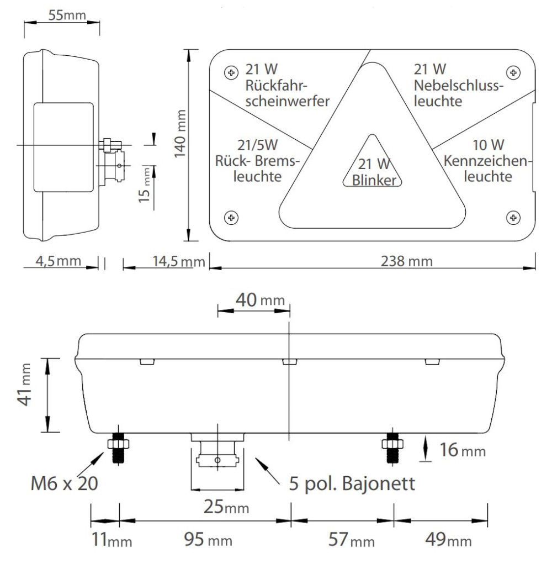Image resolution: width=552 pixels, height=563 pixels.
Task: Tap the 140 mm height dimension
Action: pyautogui.click(x=180, y=134)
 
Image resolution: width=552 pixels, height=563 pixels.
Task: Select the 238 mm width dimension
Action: pyautogui.click(x=407, y=261)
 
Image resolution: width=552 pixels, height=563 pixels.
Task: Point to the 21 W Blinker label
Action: pyautogui.click(x=374, y=172)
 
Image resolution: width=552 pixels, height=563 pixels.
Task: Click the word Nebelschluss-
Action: pyautogui.click(x=459, y=86)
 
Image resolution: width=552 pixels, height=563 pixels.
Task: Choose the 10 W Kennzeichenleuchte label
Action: pyautogui.click(x=487, y=161)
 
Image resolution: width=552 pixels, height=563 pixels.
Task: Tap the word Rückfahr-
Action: pyautogui.click(x=277, y=86)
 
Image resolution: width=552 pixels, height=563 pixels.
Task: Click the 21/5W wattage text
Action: pyautogui.click(x=258, y=145)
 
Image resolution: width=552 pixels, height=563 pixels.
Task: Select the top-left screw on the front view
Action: pyautogui.click(x=231, y=72)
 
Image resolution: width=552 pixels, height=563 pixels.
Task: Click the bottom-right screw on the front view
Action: pyautogui.click(x=513, y=217)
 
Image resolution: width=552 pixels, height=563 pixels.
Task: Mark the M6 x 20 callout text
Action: pyautogui.click(x=65, y=483)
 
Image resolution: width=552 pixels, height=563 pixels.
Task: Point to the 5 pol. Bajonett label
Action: pyautogui.click(x=352, y=483)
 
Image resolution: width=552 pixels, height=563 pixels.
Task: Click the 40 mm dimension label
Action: pyautogui.click(x=260, y=299)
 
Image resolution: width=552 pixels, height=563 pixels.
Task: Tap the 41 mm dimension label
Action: pyautogui.click(x=25, y=385)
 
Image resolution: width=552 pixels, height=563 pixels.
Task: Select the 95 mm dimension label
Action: pyautogui.click(x=208, y=539)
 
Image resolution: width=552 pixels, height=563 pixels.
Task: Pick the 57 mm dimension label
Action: pyautogui.click(x=352, y=539)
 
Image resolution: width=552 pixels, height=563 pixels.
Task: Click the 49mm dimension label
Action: pyautogui.click(x=448, y=539)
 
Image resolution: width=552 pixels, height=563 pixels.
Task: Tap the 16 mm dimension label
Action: pyautogui.click(x=463, y=450)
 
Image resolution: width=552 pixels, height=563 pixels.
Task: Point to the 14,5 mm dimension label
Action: pyautogui.click(x=179, y=261)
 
